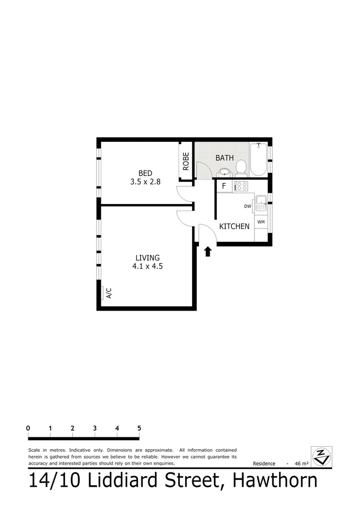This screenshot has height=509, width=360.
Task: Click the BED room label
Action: pos(145,173)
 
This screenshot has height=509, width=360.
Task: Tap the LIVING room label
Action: pos(147,258)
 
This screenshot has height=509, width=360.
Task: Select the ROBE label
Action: pos(186,161)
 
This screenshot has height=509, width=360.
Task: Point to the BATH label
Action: pos(224,158)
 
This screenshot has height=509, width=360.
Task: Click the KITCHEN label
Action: pos(234,226)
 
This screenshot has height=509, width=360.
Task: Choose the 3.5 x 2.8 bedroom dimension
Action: pos(145,181)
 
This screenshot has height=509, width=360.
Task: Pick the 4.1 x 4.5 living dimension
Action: pos(147,266)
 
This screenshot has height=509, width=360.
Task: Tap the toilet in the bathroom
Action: pos(241,167)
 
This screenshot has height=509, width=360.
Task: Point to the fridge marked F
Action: pos(224,186)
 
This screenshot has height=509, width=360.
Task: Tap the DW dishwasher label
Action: pos(247,206)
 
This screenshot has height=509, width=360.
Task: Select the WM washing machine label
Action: pos(261,222)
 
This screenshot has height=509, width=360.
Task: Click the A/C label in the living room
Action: pos(109,293)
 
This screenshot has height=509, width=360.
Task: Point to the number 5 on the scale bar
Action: pos(139,428)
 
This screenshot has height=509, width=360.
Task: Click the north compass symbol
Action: pos(322,457)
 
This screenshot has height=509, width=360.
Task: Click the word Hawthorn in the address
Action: pos(276,481)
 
